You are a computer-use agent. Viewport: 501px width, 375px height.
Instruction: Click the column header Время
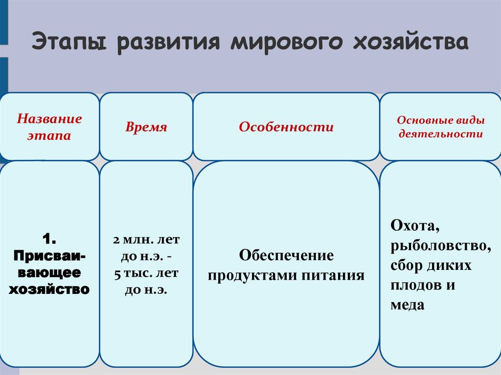(x=146, y=128)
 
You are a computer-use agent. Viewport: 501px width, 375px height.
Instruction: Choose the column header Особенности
(x=286, y=128)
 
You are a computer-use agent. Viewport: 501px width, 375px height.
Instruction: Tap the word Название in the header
(x=49, y=119)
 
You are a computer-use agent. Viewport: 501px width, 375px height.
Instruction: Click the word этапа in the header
(x=49, y=135)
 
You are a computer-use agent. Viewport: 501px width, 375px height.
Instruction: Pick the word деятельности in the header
(x=440, y=133)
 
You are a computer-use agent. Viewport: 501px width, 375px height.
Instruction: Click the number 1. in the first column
(x=49, y=239)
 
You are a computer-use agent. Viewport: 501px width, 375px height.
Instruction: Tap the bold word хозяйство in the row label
(x=49, y=289)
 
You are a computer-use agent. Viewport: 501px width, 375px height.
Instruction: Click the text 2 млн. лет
(x=146, y=241)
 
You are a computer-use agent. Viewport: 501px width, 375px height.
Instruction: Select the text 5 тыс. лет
(x=146, y=273)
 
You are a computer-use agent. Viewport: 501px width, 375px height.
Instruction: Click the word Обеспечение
(x=286, y=256)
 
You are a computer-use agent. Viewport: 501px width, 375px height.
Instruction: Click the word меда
(x=407, y=305)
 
